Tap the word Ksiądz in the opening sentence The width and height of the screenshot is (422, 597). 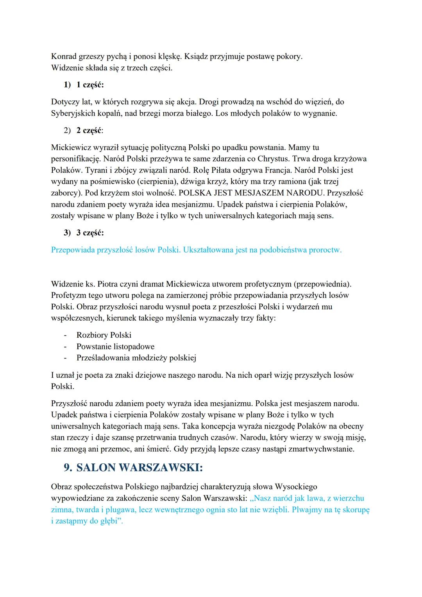(x=196, y=56)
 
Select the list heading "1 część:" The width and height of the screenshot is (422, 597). (x=90, y=84)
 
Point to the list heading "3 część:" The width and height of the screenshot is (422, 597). (x=90, y=233)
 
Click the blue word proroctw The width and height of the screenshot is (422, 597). (x=325, y=250)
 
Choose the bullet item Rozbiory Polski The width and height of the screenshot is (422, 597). (x=104, y=335)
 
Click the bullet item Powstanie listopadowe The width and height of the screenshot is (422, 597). (x=115, y=346)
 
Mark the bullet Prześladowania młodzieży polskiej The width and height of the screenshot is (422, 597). (x=136, y=358)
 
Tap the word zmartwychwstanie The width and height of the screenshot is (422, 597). (x=321, y=449)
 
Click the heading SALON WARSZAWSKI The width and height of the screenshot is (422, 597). (x=139, y=468)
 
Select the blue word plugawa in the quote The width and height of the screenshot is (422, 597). (x=117, y=509)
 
